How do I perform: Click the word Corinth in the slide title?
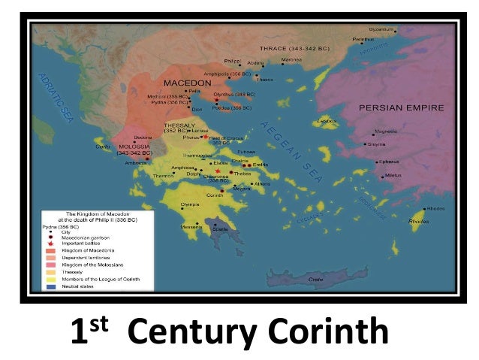pyautogui.click(x=329, y=331)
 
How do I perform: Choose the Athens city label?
pyautogui.click(x=262, y=184)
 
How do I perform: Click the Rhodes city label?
pyautogui.click(x=435, y=208)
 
